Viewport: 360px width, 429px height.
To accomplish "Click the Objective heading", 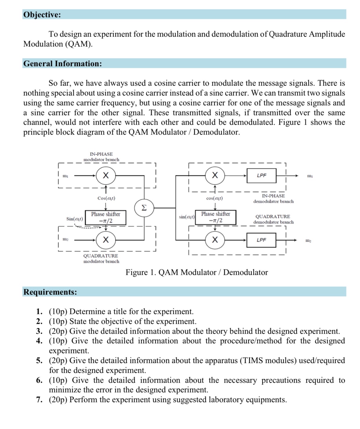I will click(42, 14).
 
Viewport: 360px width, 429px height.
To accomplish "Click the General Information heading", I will click(63, 63).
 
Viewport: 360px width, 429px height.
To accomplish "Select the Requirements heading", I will click(50, 292).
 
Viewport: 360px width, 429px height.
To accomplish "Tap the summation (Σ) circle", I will click(144, 208).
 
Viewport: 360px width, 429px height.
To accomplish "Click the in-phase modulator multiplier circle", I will click(106, 175).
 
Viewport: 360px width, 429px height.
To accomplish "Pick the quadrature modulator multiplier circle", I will click(106, 240).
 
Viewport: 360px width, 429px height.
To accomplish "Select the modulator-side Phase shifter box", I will click(106, 217).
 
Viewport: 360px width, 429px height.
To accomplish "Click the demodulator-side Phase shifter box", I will click(215, 217).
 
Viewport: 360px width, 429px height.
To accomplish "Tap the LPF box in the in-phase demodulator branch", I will click(261, 175).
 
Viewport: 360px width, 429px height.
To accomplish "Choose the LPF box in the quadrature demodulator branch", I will click(261, 240).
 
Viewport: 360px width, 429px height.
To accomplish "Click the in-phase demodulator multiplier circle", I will click(215, 175).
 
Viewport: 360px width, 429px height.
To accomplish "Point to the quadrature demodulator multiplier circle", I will click(215, 240).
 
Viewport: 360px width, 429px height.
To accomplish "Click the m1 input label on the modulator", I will click(66, 176).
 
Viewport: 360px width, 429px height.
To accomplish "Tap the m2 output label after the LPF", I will click(308, 241).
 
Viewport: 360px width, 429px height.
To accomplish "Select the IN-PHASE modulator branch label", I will click(101, 157).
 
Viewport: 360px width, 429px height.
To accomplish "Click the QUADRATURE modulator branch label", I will click(101, 259).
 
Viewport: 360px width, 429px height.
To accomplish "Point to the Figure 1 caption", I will click(197, 272).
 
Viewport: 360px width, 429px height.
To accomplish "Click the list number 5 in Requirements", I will click(39, 361).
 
